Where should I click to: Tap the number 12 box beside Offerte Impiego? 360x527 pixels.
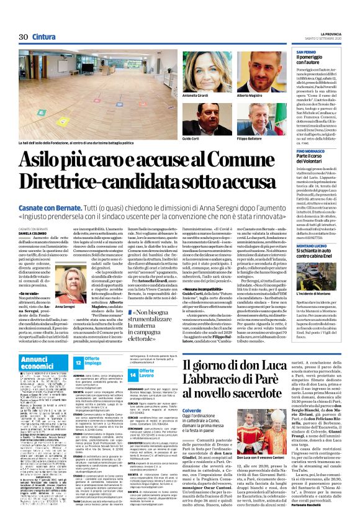click(79, 361)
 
